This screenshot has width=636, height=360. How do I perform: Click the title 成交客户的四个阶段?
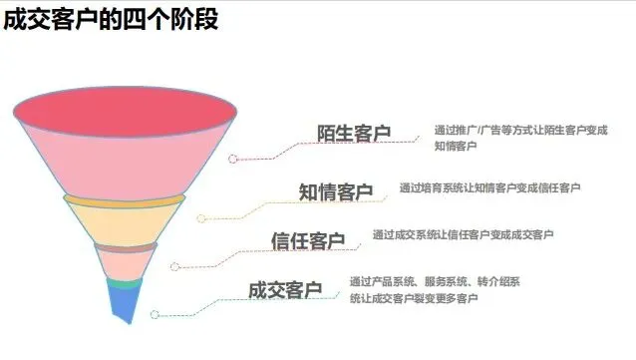tap(112, 20)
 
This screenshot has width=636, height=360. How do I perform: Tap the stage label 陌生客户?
tap(354, 135)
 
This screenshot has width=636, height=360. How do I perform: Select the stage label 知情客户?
tap(336, 191)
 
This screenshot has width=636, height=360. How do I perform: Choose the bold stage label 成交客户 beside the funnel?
tap(285, 290)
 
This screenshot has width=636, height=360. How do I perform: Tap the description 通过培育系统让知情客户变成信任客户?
tap(489, 186)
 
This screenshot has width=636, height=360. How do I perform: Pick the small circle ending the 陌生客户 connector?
tap(233, 158)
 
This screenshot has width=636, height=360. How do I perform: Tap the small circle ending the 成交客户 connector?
tap(154, 314)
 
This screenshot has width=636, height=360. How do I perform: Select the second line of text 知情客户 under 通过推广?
tap(456, 147)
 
